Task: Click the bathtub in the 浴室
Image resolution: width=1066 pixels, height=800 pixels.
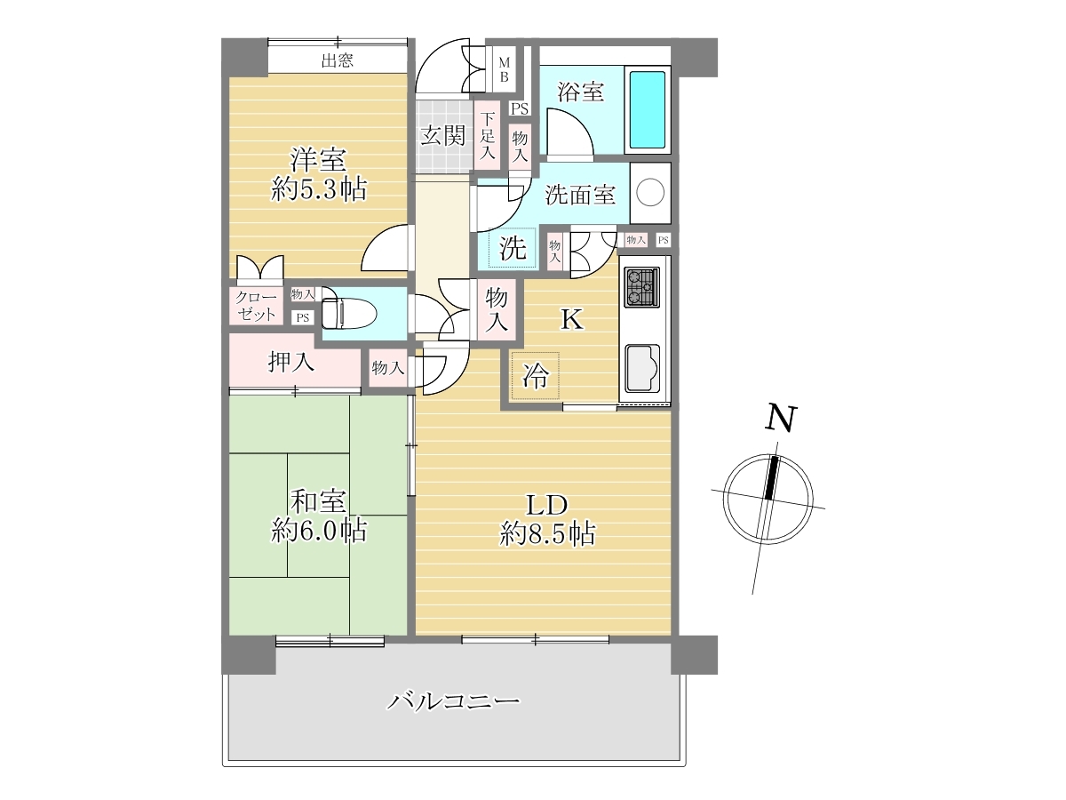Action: pos(648,109)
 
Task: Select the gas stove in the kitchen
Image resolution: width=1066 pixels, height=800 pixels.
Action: pos(641,287)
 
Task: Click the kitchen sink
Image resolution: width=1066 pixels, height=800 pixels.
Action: pos(642,368)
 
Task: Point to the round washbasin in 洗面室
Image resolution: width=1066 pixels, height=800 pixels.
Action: pos(650,193)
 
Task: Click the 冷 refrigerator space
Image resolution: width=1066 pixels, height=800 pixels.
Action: pos(535,375)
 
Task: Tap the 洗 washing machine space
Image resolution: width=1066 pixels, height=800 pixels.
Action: pos(513,248)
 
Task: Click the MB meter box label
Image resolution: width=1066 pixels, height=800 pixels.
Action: pos(504,69)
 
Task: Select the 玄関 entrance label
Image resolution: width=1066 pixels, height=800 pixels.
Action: pos(443,135)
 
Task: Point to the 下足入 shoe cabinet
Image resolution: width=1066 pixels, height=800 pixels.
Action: pos(487,135)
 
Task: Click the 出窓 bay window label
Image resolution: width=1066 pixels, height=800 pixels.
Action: pos(338,60)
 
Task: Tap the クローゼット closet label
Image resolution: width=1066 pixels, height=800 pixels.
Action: pos(256,306)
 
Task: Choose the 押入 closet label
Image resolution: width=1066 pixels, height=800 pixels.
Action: pos(290,362)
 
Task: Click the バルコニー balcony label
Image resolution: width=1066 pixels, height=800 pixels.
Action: pos(453,701)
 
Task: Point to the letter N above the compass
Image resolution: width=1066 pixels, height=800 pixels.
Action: pos(781,418)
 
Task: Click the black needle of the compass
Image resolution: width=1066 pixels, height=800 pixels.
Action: pos(771,477)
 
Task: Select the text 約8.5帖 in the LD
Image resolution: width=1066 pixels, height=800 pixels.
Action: pos(547,534)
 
